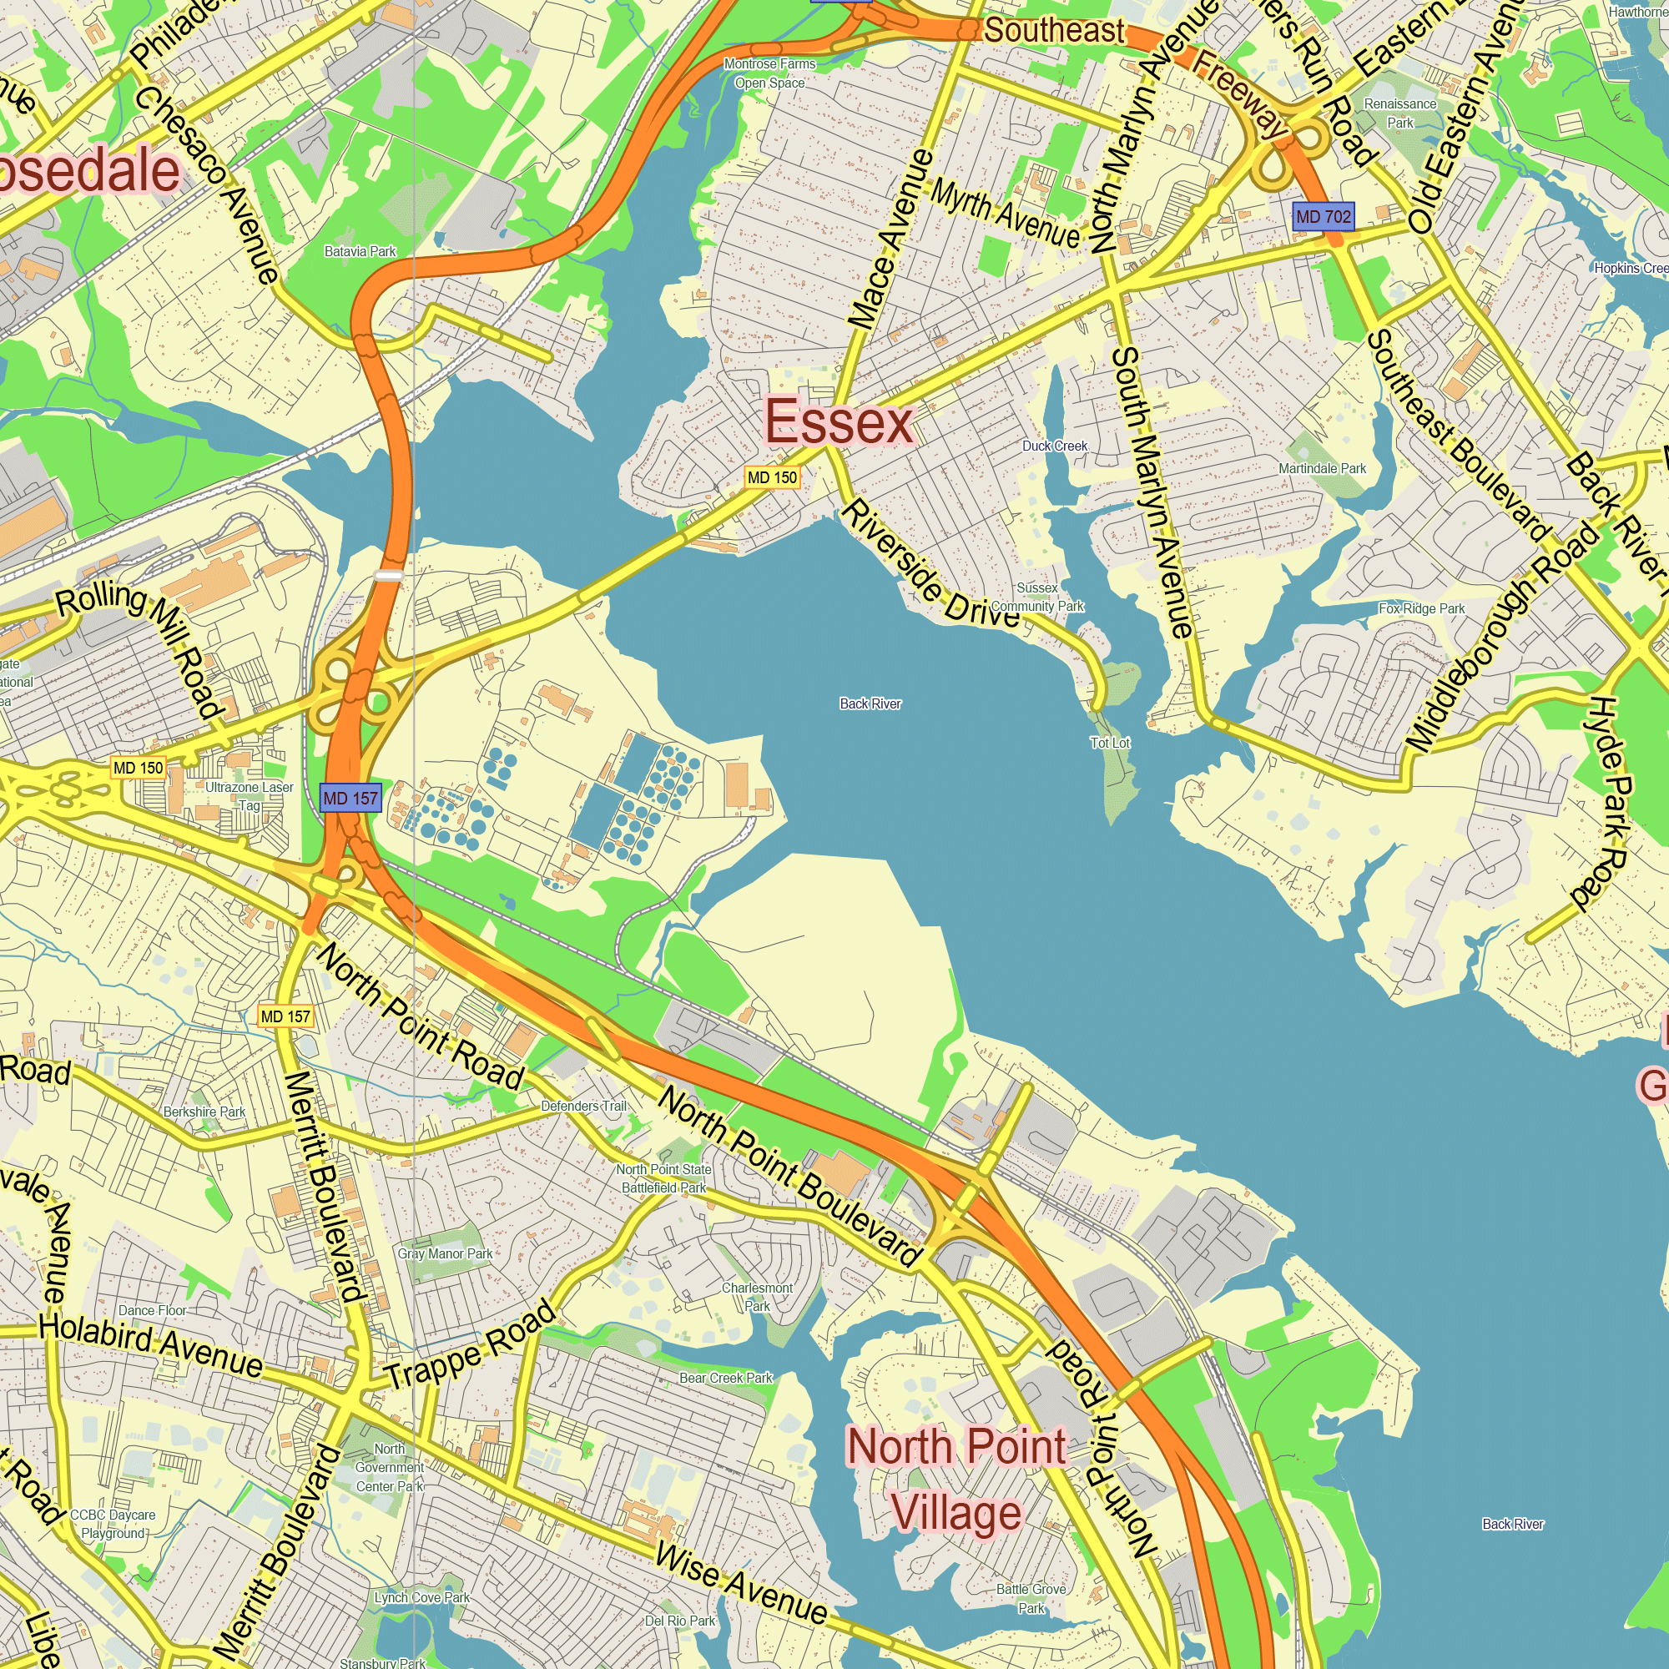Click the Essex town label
point(839,422)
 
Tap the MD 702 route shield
point(1323,217)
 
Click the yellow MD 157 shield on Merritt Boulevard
point(286,1016)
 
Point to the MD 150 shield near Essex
point(772,477)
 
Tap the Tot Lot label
point(1110,743)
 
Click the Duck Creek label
point(1055,446)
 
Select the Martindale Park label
point(1323,469)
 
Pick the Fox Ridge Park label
point(1422,609)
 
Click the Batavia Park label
point(361,251)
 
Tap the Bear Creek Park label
point(726,1378)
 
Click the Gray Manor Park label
point(445,1253)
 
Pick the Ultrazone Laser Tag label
point(250,796)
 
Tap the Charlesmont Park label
point(757,1297)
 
